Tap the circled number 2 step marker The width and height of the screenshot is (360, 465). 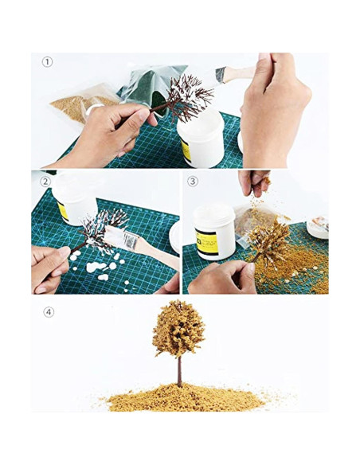(x=46, y=181)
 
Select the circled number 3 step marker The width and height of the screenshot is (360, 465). (x=194, y=181)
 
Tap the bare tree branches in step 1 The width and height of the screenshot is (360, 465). (x=189, y=96)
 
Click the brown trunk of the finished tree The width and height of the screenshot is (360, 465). (x=179, y=371)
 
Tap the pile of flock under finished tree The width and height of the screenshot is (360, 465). (x=179, y=397)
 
